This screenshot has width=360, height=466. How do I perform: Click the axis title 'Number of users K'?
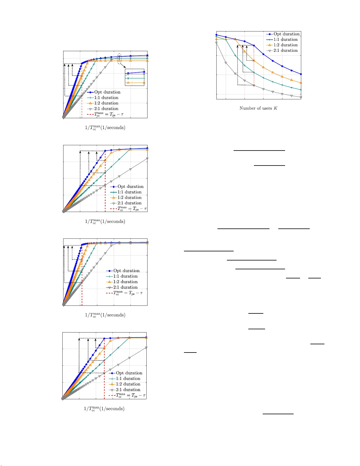[x=258, y=108]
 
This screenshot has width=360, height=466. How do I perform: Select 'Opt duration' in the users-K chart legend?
[x=286, y=34]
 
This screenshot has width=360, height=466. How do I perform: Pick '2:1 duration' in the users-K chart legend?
[x=285, y=51]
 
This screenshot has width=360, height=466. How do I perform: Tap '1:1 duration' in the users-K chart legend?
[x=285, y=39]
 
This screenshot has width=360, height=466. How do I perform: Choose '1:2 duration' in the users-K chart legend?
[x=285, y=45]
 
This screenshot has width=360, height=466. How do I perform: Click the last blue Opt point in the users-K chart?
[x=301, y=74]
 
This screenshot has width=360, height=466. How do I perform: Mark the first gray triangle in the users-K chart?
[x=217, y=43]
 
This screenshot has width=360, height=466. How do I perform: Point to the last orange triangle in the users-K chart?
[x=301, y=83]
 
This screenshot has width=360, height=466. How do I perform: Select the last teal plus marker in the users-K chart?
[x=301, y=90]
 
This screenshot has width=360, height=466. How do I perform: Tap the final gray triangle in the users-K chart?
[x=301, y=97]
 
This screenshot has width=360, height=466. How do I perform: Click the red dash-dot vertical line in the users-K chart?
[x=254, y=71]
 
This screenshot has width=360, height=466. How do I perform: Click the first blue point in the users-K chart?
[x=217, y=35]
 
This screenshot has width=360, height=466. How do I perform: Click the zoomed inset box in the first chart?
[x=135, y=77]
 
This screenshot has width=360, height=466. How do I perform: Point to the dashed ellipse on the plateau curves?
[x=119, y=59]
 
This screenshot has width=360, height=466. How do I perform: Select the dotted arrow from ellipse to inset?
[x=123, y=66]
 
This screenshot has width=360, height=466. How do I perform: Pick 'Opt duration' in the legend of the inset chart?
[x=107, y=92]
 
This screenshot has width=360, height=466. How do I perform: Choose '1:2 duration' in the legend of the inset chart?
[x=106, y=103]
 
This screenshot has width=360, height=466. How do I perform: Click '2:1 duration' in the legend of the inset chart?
[x=106, y=109]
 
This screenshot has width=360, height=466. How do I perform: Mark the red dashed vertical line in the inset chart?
[x=82, y=106]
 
